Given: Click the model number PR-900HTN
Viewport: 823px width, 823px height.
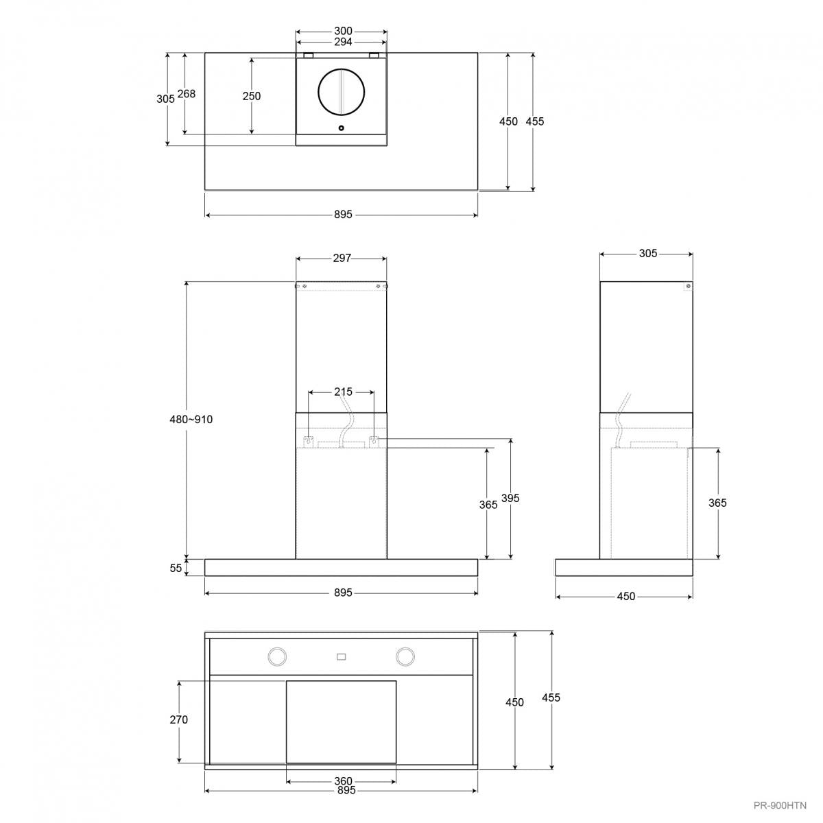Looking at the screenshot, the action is (x=780, y=805).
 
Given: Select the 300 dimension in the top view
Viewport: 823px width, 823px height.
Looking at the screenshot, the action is (x=343, y=31).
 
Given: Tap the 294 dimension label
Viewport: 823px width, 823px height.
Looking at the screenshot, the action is (x=343, y=42).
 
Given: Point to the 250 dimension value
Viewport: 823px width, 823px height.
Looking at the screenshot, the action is (x=252, y=96).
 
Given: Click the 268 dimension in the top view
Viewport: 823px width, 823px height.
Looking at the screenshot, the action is (x=187, y=93).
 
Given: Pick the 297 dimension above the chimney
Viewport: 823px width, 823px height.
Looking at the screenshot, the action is (x=342, y=258).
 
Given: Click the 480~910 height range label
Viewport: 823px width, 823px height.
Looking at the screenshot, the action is (x=191, y=420).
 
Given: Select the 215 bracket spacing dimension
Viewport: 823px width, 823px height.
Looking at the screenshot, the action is (x=344, y=392).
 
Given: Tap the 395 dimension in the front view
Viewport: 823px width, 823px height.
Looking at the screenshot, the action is (x=510, y=498).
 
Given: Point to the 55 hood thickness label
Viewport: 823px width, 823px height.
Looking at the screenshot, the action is (x=176, y=568).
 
